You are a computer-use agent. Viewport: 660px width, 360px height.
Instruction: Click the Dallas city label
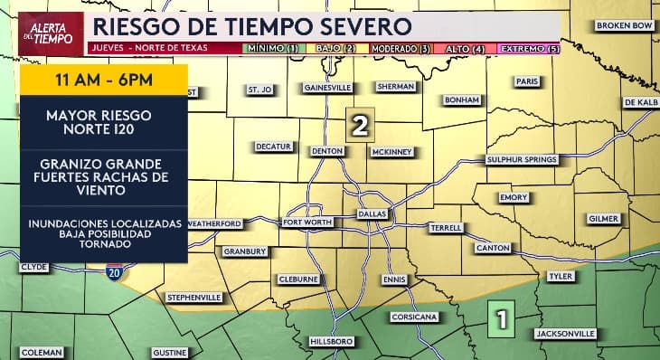coord(372,213)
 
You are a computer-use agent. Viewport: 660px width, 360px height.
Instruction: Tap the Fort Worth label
coord(305,222)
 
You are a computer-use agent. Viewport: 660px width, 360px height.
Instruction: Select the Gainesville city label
coord(327,88)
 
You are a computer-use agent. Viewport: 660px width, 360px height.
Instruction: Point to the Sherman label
coord(397,87)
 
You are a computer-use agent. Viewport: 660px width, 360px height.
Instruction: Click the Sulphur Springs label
coord(522,159)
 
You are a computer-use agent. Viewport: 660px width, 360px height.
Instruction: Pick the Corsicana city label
coord(414,317)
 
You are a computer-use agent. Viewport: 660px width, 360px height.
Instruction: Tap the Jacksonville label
coord(565,334)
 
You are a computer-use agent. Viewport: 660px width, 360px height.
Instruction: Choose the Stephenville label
coord(193,297)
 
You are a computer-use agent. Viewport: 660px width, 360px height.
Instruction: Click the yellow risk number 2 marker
coord(360,126)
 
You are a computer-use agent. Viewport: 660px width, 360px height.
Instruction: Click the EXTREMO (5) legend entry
coord(530,47)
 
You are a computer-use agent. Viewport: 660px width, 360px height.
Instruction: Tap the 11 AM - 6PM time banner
coord(103,80)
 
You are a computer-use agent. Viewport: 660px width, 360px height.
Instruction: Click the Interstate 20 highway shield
coord(113,271)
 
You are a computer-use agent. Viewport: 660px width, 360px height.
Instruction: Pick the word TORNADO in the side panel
coord(104,243)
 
